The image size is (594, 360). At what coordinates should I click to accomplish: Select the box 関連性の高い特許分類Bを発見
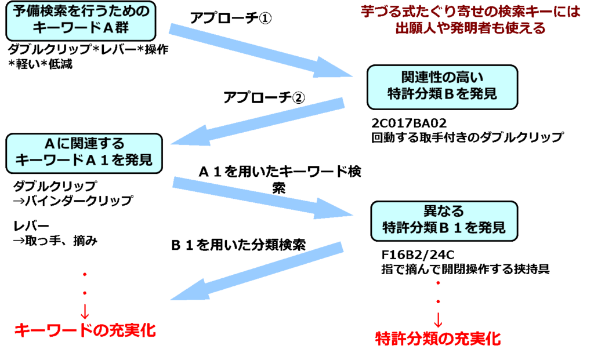pyautogui.click(x=442, y=87)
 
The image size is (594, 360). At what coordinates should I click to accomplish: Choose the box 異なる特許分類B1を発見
pyautogui.click(x=444, y=221)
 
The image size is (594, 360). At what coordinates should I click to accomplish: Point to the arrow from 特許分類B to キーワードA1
pyautogui.click(x=258, y=122)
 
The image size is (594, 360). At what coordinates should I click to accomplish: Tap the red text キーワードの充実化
pyautogui.click(x=85, y=331)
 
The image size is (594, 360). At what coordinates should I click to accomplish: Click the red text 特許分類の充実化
pyautogui.click(x=438, y=339)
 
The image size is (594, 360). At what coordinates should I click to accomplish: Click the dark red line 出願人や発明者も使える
pyautogui.click(x=470, y=29)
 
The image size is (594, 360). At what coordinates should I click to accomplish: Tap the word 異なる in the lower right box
pyautogui.click(x=444, y=211)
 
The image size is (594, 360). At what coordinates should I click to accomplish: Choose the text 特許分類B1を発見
pyautogui.click(x=444, y=229)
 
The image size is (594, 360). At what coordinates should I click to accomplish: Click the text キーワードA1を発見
pyautogui.click(x=84, y=161)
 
